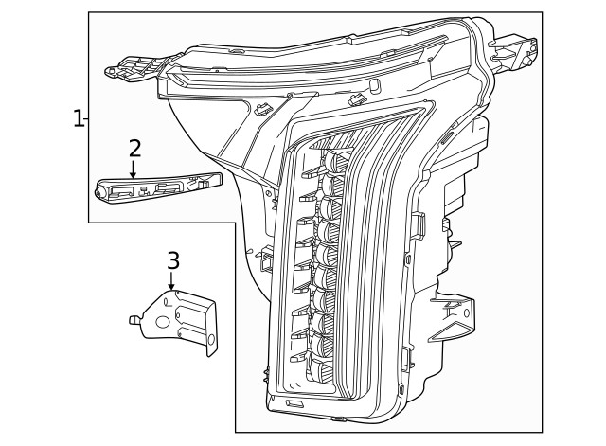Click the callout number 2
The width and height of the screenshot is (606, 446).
click(134, 148)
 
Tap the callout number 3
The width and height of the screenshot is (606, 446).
click(172, 259)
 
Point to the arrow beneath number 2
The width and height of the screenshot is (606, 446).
click(134, 169)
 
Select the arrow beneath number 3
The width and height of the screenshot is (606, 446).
click(171, 281)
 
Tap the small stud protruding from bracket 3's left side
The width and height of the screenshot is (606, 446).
click(135, 320)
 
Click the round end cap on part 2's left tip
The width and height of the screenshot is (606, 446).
click(99, 191)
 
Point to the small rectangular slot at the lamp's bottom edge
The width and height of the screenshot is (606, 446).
click(294, 405)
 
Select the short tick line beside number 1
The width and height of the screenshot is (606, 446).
click(86, 118)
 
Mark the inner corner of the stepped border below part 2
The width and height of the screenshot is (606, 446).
click(235, 223)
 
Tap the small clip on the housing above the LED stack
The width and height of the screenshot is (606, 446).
click(358, 98)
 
